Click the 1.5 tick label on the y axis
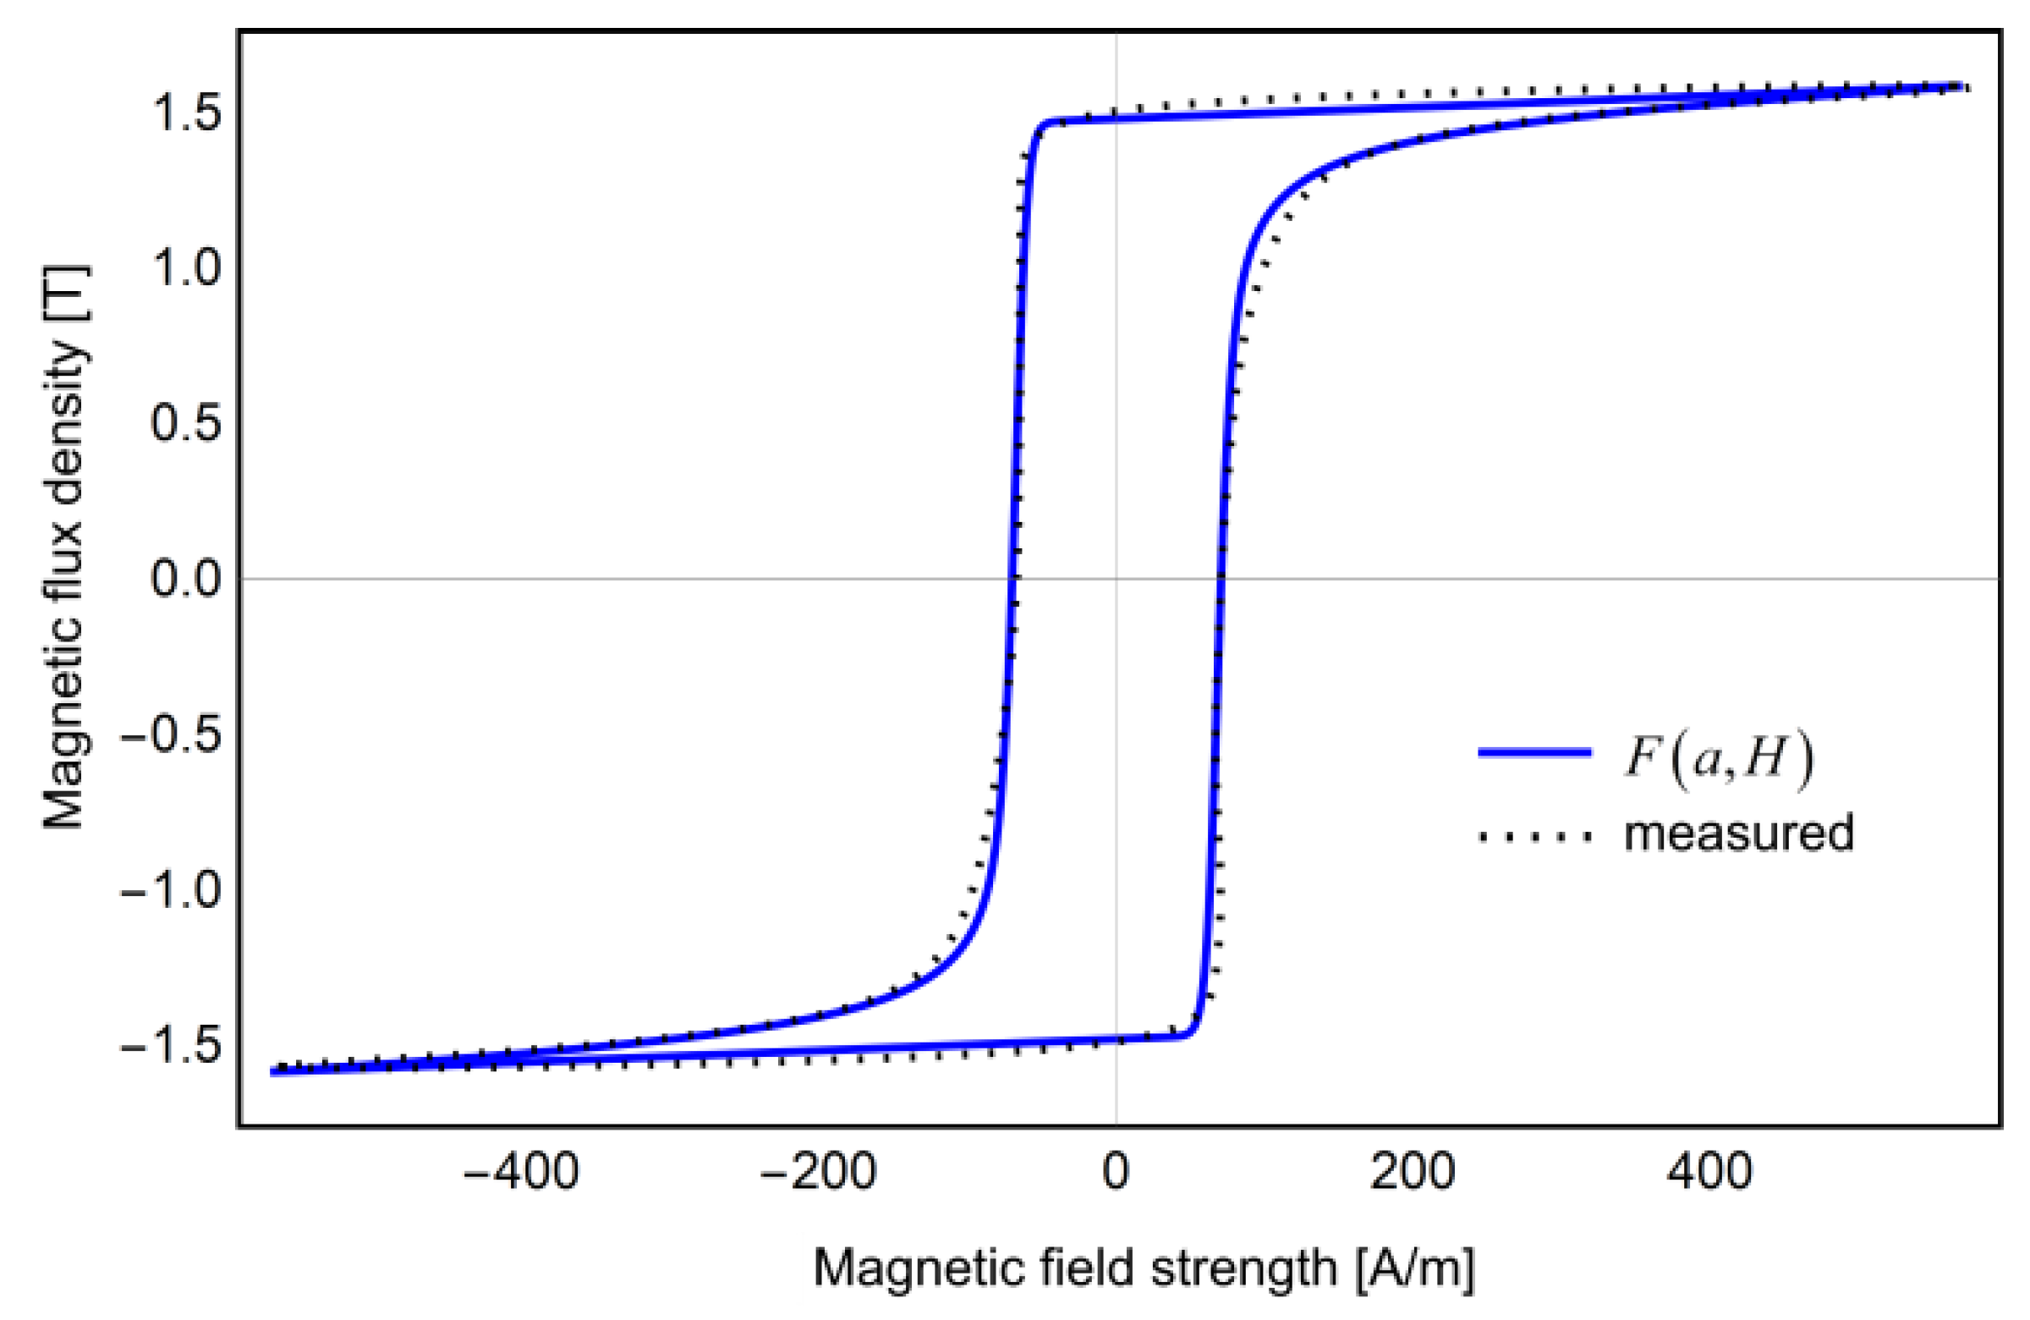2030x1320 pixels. coord(186,112)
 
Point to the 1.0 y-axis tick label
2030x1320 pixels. coord(186,267)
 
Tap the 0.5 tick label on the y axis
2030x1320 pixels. coord(186,422)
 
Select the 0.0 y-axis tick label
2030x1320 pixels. coord(186,578)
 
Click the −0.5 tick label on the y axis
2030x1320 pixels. coord(171,734)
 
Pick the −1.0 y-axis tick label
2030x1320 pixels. coord(171,891)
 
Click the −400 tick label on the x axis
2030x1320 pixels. coord(520,1171)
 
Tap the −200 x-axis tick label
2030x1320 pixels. coord(818,1171)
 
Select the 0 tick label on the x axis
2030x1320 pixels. coord(1116,1171)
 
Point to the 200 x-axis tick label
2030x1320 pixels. coord(1413,1171)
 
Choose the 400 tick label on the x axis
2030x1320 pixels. coord(1710,1171)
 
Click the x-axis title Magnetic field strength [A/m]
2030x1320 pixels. coord(1144,1267)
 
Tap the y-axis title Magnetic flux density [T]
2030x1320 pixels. coord(65,547)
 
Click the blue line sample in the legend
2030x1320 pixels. coord(1534,751)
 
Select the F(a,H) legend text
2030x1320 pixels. coord(1717,757)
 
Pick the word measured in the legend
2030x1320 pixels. coord(1738,833)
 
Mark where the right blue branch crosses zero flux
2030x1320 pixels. coord(1221,579)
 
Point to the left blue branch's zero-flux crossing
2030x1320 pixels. coord(1012,579)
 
